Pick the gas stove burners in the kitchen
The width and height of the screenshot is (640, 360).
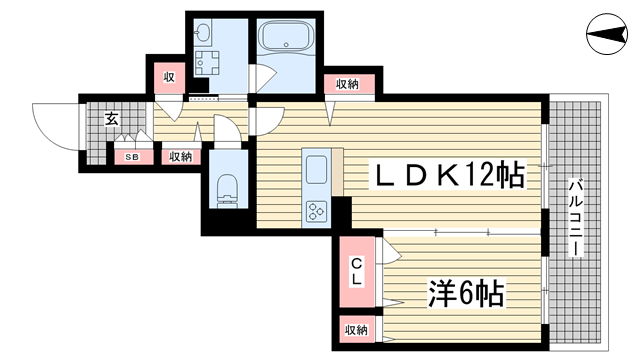pos(318,211)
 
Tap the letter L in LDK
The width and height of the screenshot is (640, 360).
pos(385,176)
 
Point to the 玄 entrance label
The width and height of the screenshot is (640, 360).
pos(111,118)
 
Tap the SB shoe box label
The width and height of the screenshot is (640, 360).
pos(132,157)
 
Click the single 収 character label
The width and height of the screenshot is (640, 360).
pos(170,76)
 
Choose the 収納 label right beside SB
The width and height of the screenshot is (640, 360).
pos(179,157)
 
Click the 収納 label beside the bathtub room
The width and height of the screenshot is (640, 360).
pos(348,84)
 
